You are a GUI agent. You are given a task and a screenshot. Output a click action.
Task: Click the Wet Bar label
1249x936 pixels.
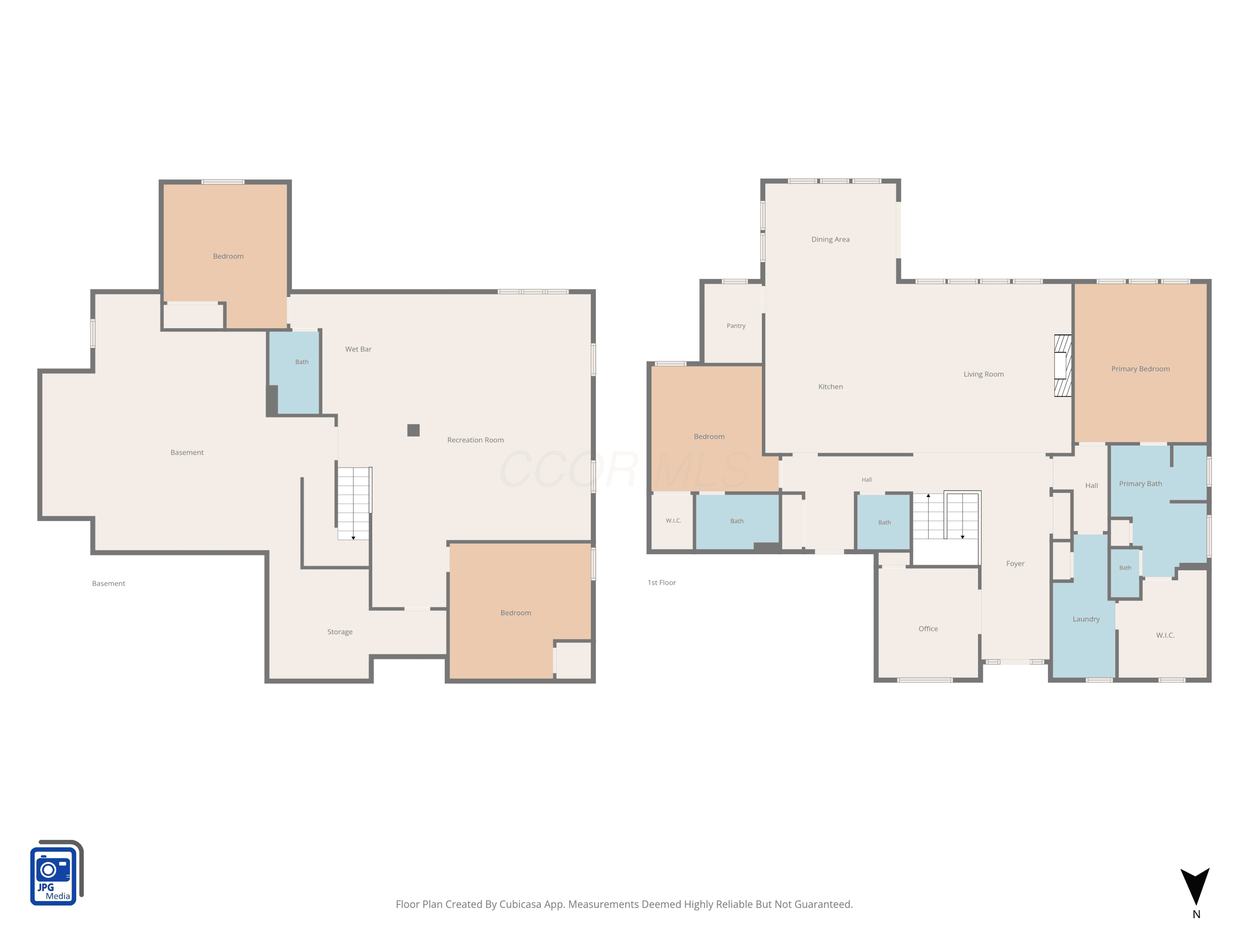[x=358, y=349]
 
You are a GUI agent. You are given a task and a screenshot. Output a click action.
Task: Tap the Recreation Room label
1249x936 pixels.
[x=475, y=440]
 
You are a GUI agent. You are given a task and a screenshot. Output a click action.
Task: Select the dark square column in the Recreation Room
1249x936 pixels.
[x=413, y=431]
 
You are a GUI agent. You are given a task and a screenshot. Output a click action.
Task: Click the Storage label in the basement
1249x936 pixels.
[x=340, y=632]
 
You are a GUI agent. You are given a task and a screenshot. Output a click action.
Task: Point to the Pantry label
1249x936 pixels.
[x=736, y=326]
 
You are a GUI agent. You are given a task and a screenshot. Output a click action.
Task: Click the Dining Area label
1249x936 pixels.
[x=830, y=239]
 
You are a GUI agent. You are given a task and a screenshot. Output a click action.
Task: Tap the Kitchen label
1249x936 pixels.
[x=830, y=386]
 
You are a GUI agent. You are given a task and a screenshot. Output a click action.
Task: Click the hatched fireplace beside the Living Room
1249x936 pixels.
[x=1062, y=366]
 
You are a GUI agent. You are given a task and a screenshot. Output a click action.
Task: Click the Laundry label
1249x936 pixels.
[x=1086, y=619]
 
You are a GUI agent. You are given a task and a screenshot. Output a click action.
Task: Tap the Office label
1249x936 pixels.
[x=928, y=629]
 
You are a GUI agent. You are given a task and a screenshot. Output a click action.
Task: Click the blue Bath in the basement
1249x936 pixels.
[x=294, y=373]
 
